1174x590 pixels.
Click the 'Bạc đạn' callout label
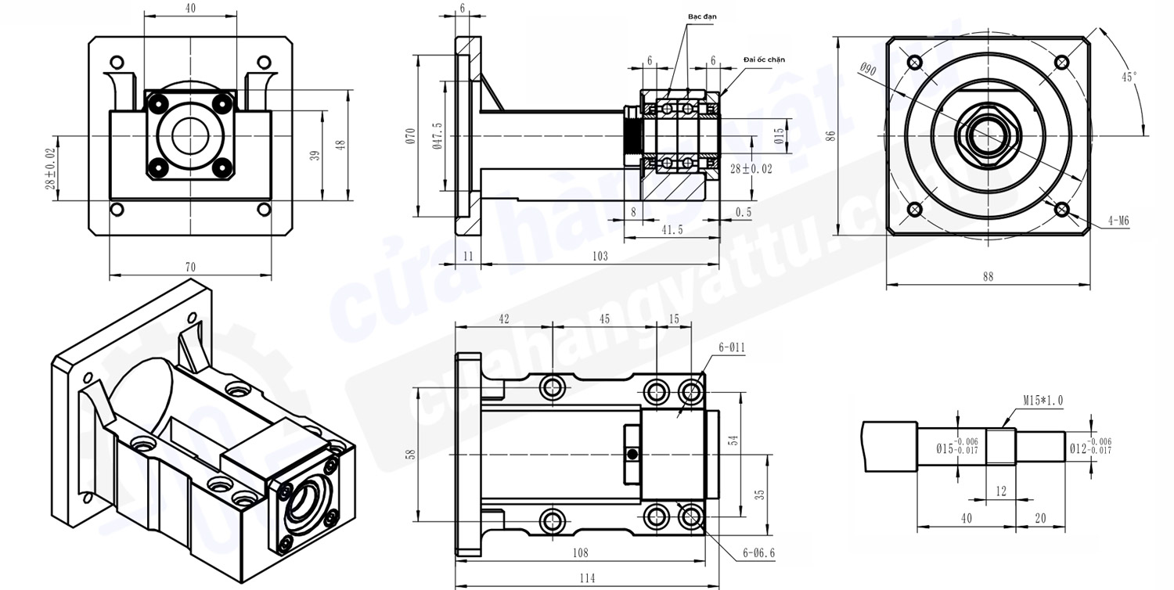[702, 16]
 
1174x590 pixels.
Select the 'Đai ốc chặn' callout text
[763, 59]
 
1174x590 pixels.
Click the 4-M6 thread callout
[1118, 221]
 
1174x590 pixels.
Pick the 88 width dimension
[988, 276]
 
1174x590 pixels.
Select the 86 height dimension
[832, 135]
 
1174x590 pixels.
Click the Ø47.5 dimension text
[437, 135]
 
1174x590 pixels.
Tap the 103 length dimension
[600, 256]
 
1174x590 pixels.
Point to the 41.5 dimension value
[671, 230]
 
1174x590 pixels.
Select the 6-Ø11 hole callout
[731, 347]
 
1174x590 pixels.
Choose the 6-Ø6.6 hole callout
[758, 553]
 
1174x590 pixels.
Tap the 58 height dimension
[411, 455]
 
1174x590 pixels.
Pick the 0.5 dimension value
[744, 212]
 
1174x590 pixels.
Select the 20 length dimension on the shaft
[1039, 518]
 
